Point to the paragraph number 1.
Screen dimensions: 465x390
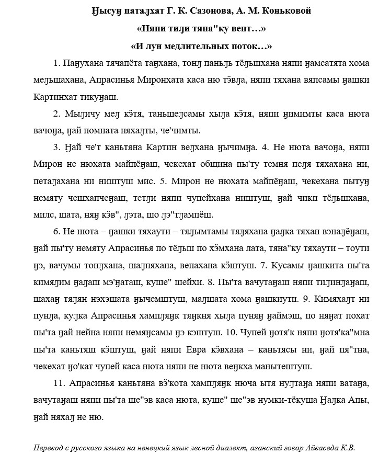pyautogui.click(x=57, y=63)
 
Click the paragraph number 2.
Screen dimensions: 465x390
pyautogui.click(x=57, y=114)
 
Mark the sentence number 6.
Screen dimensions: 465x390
pyautogui.click(x=57, y=232)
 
